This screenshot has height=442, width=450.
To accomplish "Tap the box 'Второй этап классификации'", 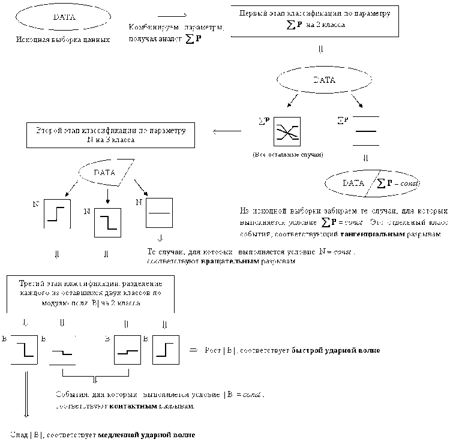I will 111,134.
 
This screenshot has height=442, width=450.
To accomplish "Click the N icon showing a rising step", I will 57,214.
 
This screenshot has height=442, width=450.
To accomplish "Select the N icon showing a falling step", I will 107,223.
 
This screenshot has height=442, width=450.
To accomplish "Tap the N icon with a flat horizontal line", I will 159,213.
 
